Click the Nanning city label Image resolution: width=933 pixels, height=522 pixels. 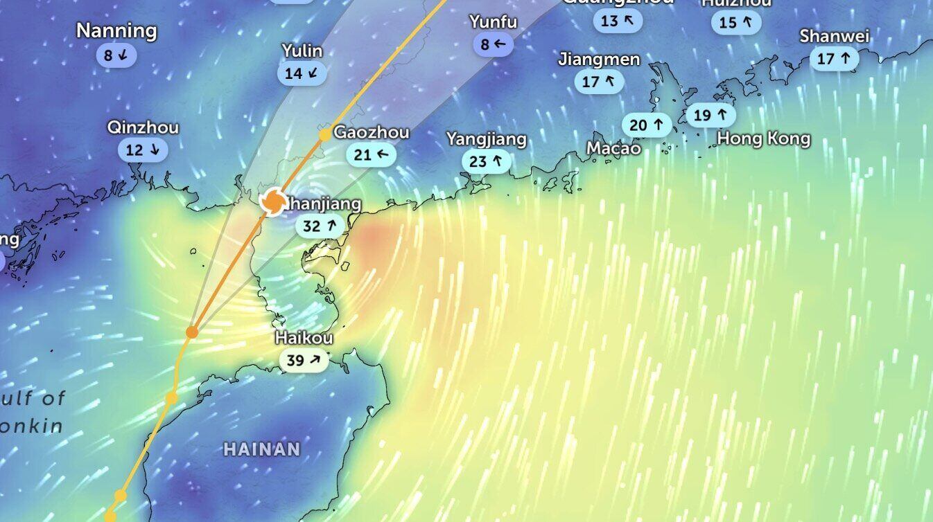point(116,31)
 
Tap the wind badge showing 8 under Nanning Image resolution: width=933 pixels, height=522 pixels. point(116,55)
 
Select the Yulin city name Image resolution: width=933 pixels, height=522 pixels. point(302,51)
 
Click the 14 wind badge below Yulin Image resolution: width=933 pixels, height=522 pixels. point(302,73)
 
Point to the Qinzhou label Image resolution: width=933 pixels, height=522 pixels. point(143,127)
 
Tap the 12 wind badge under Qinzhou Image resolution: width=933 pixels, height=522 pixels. point(142,150)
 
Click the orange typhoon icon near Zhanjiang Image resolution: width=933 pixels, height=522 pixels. point(272,201)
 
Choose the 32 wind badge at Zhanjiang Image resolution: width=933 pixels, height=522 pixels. point(320,226)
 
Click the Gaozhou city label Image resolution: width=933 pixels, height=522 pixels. point(372,132)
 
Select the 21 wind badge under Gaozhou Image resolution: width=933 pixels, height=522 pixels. point(372,154)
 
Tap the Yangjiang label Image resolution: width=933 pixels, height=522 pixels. point(486,139)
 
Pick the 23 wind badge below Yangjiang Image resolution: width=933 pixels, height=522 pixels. point(486,162)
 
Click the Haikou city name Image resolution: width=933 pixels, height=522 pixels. point(304,338)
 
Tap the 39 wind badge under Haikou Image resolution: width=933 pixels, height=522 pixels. point(304,360)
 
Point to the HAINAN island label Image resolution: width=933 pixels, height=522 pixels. point(262,449)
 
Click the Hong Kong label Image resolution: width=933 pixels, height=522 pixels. point(763,138)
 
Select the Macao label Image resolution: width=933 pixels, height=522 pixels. point(613,147)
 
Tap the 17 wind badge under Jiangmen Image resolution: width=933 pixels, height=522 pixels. point(599,82)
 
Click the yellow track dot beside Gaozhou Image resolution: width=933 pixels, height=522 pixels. point(324,134)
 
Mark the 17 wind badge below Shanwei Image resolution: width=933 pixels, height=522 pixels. point(834,59)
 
